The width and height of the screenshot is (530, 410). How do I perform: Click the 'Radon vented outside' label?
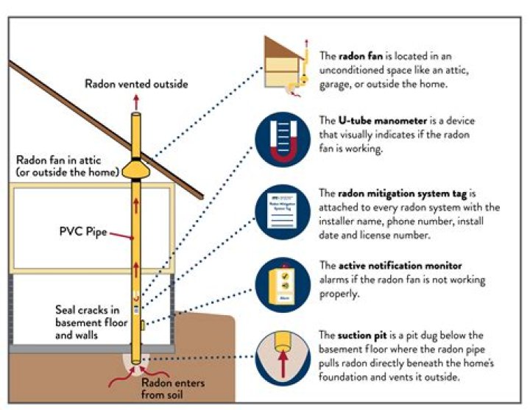(136, 85)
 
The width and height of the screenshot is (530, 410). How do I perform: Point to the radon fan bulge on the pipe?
(137, 169)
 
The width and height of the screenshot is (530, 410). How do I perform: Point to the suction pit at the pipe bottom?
(137, 361)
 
